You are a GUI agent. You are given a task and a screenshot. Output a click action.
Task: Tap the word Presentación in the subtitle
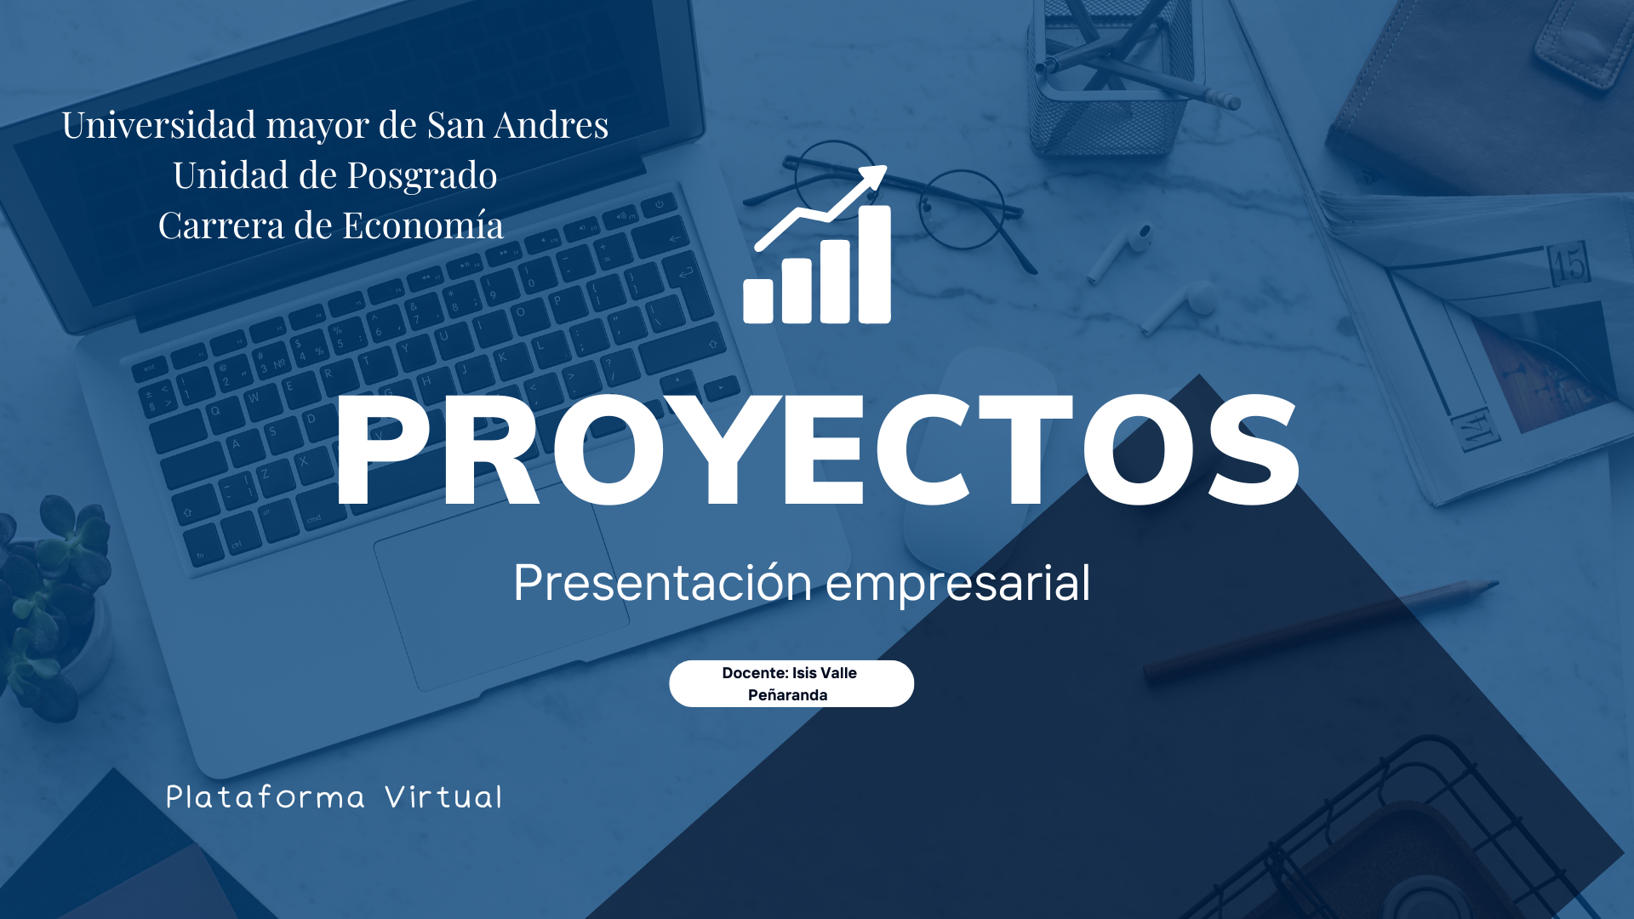tap(663, 583)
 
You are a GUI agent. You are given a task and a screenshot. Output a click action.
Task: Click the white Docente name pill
tap(791, 683)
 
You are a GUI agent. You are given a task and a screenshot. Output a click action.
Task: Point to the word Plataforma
tap(266, 797)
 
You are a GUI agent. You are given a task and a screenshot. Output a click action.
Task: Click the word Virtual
tap(443, 796)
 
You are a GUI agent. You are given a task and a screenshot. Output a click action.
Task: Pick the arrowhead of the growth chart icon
tap(871, 180)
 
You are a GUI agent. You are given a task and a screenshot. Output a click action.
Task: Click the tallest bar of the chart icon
tap(875, 265)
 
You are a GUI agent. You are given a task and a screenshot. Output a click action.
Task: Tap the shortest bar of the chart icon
tap(758, 301)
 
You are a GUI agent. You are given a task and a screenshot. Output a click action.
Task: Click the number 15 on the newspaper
tap(1568, 264)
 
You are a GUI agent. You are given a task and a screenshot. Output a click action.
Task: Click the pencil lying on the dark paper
tap(1319, 627)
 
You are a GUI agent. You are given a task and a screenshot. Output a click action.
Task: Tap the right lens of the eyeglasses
tap(964, 209)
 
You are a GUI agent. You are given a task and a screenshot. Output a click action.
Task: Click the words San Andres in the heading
tap(517, 124)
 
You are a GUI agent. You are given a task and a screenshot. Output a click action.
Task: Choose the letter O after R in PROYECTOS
tap(608, 449)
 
